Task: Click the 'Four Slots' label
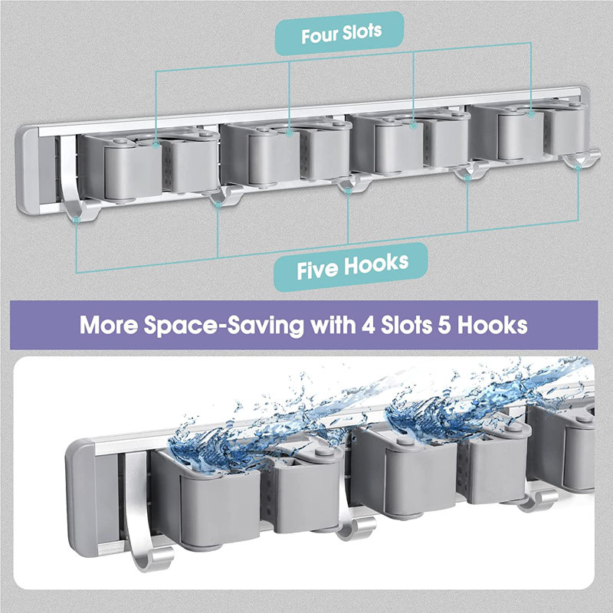[341, 34]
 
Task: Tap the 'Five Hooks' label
[352, 267]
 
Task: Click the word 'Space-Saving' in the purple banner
[224, 325]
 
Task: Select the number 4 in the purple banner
[369, 325]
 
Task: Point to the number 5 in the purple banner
[444, 325]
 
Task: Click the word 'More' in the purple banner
[109, 325]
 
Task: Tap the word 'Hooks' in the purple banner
[493, 325]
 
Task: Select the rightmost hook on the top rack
[581, 159]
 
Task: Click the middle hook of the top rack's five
[352, 182]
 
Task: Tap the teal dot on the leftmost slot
[156, 145]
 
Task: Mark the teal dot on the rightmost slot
[530, 113]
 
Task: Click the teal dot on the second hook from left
[218, 204]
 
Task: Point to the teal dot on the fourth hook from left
[467, 179]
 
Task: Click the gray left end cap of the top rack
[28, 170]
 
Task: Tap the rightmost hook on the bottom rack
[538, 500]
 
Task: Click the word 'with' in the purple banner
[333, 324]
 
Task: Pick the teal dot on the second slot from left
[290, 133]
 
